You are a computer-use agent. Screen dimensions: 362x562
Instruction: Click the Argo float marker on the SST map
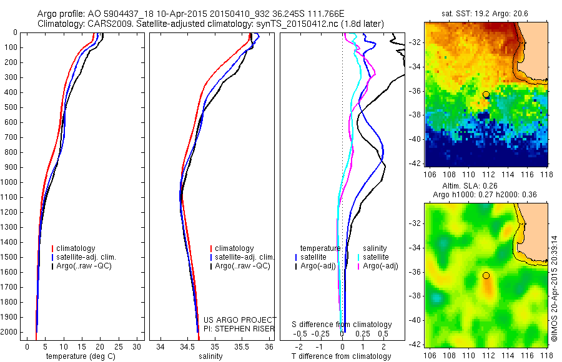(x=486, y=94)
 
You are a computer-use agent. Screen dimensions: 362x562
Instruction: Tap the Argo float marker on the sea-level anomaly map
(x=486, y=275)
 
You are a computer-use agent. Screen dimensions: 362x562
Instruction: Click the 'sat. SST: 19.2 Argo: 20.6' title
(x=486, y=12)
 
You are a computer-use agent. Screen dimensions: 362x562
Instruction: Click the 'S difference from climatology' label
(x=342, y=325)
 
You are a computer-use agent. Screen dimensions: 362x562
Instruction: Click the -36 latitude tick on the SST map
(x=415, y=90)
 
